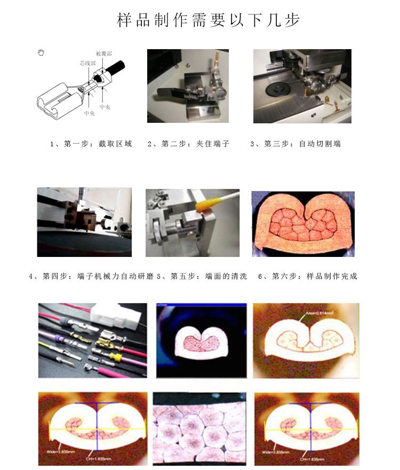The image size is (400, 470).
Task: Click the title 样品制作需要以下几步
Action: [x=209, y=20]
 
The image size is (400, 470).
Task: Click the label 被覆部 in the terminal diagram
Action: [x=103, y=54]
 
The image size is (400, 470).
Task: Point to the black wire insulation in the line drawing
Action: [x=114, y=69]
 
